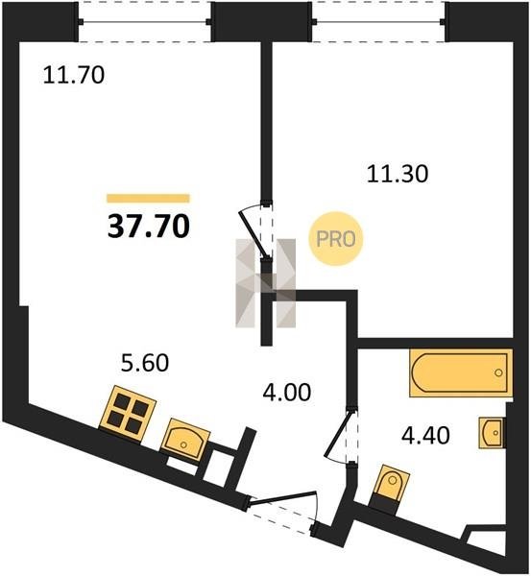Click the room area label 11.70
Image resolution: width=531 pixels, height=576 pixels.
click(x=74, y=75)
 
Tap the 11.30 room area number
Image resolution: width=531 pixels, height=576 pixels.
click(x=398, y=174)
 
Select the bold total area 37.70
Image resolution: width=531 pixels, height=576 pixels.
click(x=149, y=226)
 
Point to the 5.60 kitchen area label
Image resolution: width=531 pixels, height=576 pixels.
click(x=145, y=363)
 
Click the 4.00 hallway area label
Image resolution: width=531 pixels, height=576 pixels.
click(x=287, y=393)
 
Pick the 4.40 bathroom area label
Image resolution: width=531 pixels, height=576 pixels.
click(x=425, y=436)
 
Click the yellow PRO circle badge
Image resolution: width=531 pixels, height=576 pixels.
click(x=335, y=239)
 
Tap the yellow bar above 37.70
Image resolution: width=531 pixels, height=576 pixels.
click(x=149, y=199)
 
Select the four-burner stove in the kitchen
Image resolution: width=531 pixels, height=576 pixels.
click(x=128, y=415)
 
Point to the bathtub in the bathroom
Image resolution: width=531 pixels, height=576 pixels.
click(x=461, y=372)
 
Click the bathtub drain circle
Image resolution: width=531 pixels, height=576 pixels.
click(x=498, y=372)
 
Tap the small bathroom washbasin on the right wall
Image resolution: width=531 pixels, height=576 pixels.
click(x=491, y=433)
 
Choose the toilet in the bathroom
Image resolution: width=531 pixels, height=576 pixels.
click(x=390, y=487)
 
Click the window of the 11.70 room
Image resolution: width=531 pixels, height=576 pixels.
click(x=145, y=22)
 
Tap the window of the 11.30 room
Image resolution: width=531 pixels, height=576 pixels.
click(x=378, y=22)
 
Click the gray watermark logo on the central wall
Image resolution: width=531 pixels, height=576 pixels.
click(x=265, y=283)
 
